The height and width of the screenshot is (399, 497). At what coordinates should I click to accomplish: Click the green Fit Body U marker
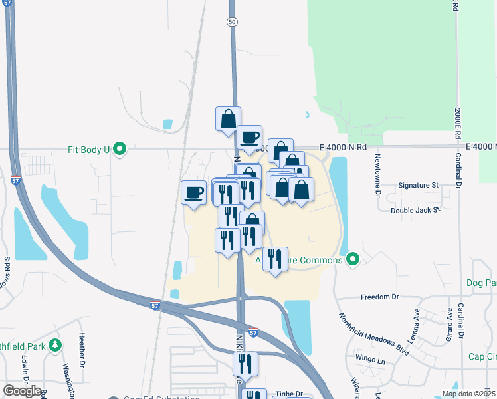[x=120, y=149]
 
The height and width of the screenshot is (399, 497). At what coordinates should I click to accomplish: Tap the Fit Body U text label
[x=88, y=150]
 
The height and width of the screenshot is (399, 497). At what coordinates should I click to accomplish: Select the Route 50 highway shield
[x=232, y=22]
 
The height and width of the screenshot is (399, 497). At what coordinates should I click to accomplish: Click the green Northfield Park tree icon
[x=55, y=345]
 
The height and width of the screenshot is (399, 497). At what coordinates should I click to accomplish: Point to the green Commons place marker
[x=353, y=259]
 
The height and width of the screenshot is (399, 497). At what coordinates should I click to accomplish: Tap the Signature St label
[x=418, y=185]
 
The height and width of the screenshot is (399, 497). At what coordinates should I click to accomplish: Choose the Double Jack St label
[x=415, y=210]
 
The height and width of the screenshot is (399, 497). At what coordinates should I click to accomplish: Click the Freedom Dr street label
[x=379, y=297]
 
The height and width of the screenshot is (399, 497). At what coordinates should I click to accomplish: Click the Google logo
[x=22, y=391]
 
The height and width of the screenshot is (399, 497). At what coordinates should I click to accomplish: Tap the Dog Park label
[x=482, y=282]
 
